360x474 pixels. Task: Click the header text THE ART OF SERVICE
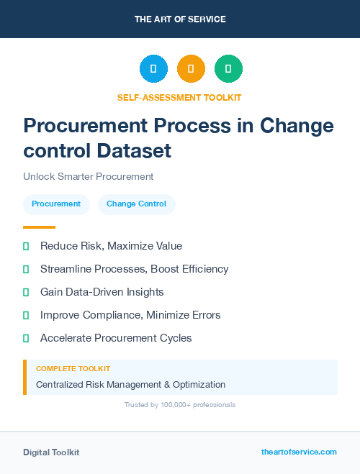coord(180,19)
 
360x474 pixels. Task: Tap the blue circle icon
coord(153,69)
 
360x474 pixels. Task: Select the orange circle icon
coord(191,69)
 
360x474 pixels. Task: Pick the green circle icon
coord(228,69)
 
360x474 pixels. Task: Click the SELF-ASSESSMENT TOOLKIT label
coord(179,97)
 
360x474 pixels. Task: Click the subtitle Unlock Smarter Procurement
coord(89,176)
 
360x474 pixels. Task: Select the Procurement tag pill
coord(56,204)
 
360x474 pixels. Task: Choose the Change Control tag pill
coord(136,204)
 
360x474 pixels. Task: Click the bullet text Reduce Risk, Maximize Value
coord(111,246)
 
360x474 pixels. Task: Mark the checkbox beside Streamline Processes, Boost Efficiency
coord(26,269)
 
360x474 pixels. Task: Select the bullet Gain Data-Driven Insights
coord(102,292)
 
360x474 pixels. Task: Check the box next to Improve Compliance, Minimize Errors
coord(26,315)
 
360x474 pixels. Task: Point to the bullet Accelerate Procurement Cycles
coord(116,338)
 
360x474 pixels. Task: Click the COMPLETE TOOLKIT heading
coord(73,368)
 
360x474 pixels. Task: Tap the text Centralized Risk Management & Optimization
coord(130,384)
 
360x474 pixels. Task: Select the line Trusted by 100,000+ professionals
coord(180,405)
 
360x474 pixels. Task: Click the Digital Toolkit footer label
coord(51,452)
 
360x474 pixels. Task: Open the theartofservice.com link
coord(299,452)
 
